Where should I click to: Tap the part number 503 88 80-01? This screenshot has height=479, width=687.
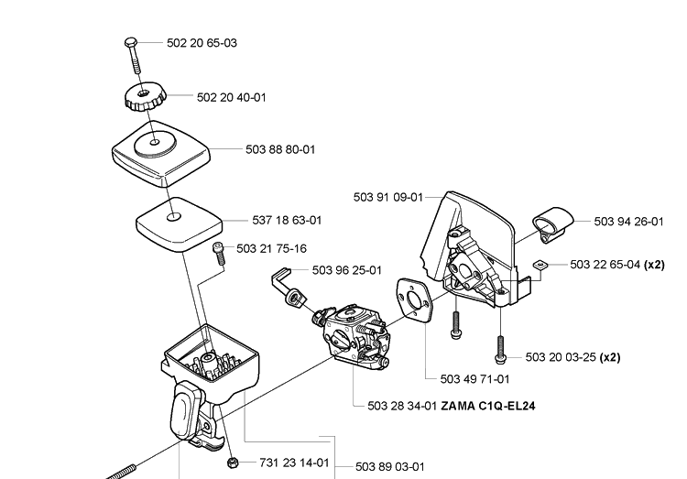[279, 148]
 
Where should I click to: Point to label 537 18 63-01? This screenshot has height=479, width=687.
[286, 221]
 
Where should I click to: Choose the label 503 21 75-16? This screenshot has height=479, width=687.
[270, 248]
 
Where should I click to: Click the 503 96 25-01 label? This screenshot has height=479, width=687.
[346, 269]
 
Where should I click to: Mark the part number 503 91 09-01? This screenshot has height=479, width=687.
[387, 197]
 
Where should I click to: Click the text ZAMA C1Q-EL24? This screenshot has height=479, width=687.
[487, 406]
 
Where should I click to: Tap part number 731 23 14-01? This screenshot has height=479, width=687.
[293, 463]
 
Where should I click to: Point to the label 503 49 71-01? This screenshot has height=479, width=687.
[474, 378]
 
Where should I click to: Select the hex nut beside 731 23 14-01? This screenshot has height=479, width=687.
[233, 461]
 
